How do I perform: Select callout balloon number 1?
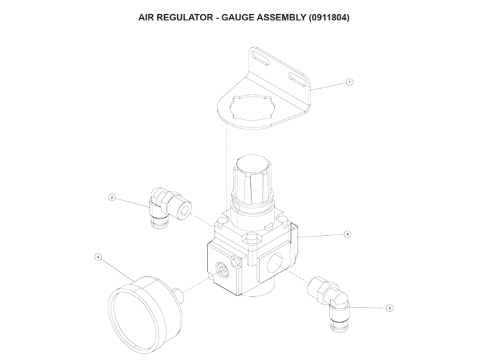349,82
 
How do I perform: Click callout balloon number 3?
347,234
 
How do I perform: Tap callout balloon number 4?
99,257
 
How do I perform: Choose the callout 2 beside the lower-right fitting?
389,308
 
